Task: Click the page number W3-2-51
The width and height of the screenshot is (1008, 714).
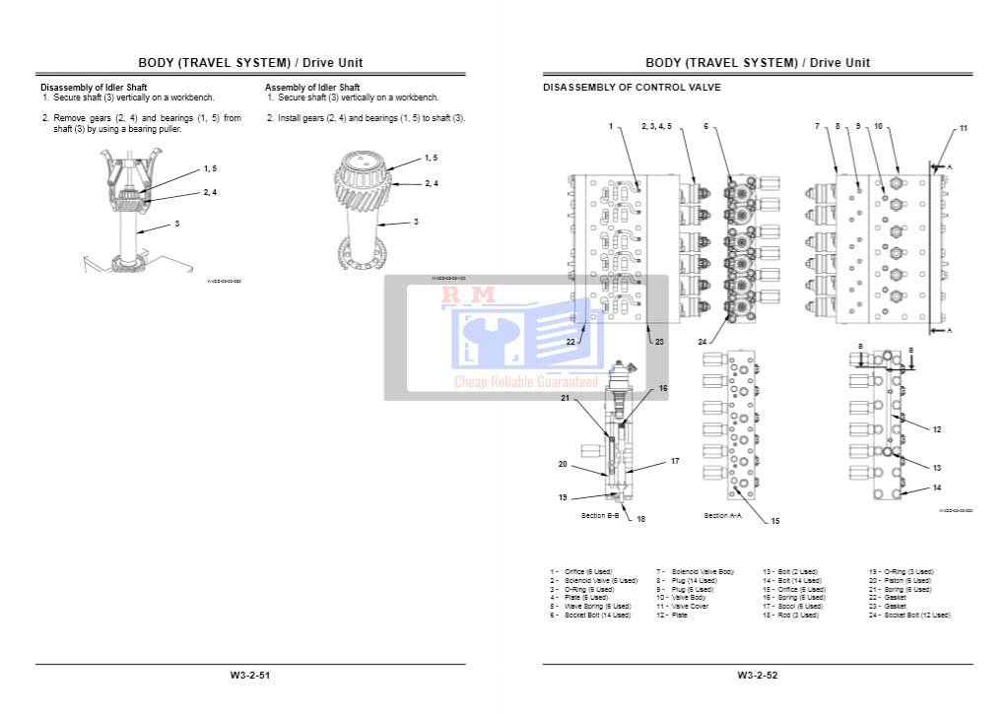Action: click(x=249, y=676)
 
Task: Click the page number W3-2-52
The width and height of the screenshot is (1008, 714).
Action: click(x=757, y=676)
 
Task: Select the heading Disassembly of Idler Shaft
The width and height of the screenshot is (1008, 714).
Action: click(x=94, y=88)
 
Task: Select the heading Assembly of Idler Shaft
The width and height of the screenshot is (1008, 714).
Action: click(x=312, y=88)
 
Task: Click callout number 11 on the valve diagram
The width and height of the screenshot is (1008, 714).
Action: click(x=964, y=128)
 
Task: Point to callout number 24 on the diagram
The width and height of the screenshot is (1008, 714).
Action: click(x=703, y=342)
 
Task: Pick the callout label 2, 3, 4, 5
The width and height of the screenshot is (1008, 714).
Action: click(x=656, y=126)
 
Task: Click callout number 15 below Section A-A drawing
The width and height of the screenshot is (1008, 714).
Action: click(x=774, y=521)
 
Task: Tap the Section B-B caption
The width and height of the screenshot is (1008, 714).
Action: click(x=600, y=515)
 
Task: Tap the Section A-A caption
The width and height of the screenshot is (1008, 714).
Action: click(x=722, y=515)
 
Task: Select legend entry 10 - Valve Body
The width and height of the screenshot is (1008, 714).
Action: click(x=688, y=598)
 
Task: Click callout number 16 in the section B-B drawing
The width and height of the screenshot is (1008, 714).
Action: click(x=662, y=388)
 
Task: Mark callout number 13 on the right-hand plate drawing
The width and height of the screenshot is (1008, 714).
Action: click(x=937, y=468)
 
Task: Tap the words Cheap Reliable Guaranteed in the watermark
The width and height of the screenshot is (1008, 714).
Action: click(x=525, y=382)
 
